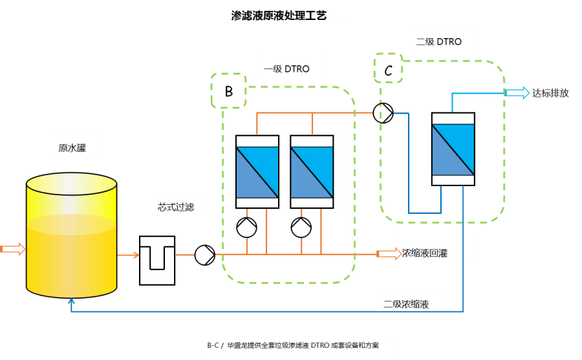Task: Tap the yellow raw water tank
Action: (x=71, y=239)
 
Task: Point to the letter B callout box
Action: (x=228, y=91)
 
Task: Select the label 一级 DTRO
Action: (x=286, y=69)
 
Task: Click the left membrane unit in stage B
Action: (x=257, y=172)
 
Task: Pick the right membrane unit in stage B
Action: (x=312, y=172)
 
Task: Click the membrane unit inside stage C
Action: (x=453, y=149)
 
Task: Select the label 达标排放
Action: (x=550, y=93)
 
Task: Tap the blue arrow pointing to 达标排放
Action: (x=516, y=93)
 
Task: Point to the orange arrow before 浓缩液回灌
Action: (x=388, y=254)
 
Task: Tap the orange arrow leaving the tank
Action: (x=128, y=255)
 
